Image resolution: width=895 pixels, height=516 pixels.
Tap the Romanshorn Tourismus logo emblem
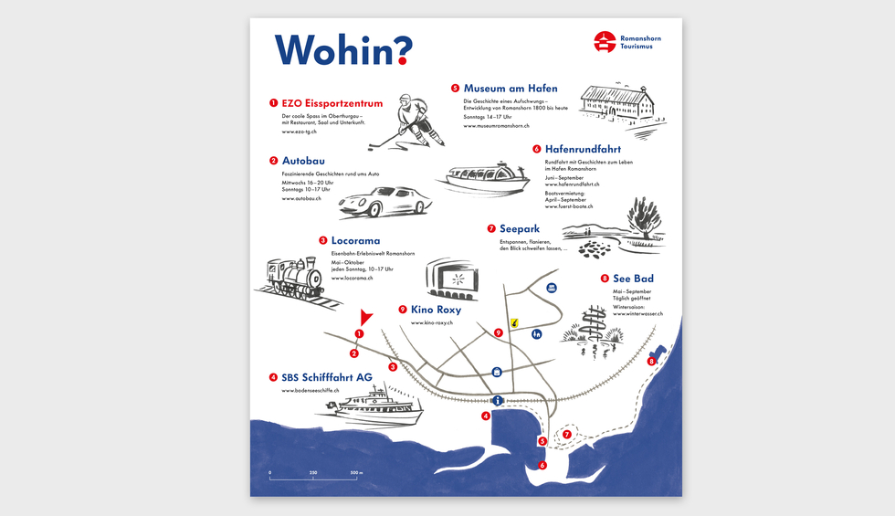point(605,41)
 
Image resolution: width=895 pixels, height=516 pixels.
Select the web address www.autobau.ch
point(301,198)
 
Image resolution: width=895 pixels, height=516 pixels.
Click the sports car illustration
point(385,201)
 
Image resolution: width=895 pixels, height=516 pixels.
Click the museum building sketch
point(623,101)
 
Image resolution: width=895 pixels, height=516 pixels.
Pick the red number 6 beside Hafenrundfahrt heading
point(537,149)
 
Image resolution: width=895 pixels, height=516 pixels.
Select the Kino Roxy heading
point(436,310)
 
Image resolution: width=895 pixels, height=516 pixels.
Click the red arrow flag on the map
point(366,317)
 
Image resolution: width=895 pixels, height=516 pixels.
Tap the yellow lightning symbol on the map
point(515,322)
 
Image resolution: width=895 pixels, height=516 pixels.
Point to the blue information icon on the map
point(498,400)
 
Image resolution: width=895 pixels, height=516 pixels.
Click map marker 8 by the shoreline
point(651,362)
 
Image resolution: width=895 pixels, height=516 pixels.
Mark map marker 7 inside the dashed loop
point(566,435)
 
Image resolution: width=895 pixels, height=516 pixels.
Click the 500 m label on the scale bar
point(355,472)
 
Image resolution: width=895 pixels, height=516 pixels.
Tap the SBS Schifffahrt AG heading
point(326,377)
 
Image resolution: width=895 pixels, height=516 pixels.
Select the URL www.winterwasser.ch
point(631,314)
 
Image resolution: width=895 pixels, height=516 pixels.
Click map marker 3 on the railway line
point(393,367)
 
